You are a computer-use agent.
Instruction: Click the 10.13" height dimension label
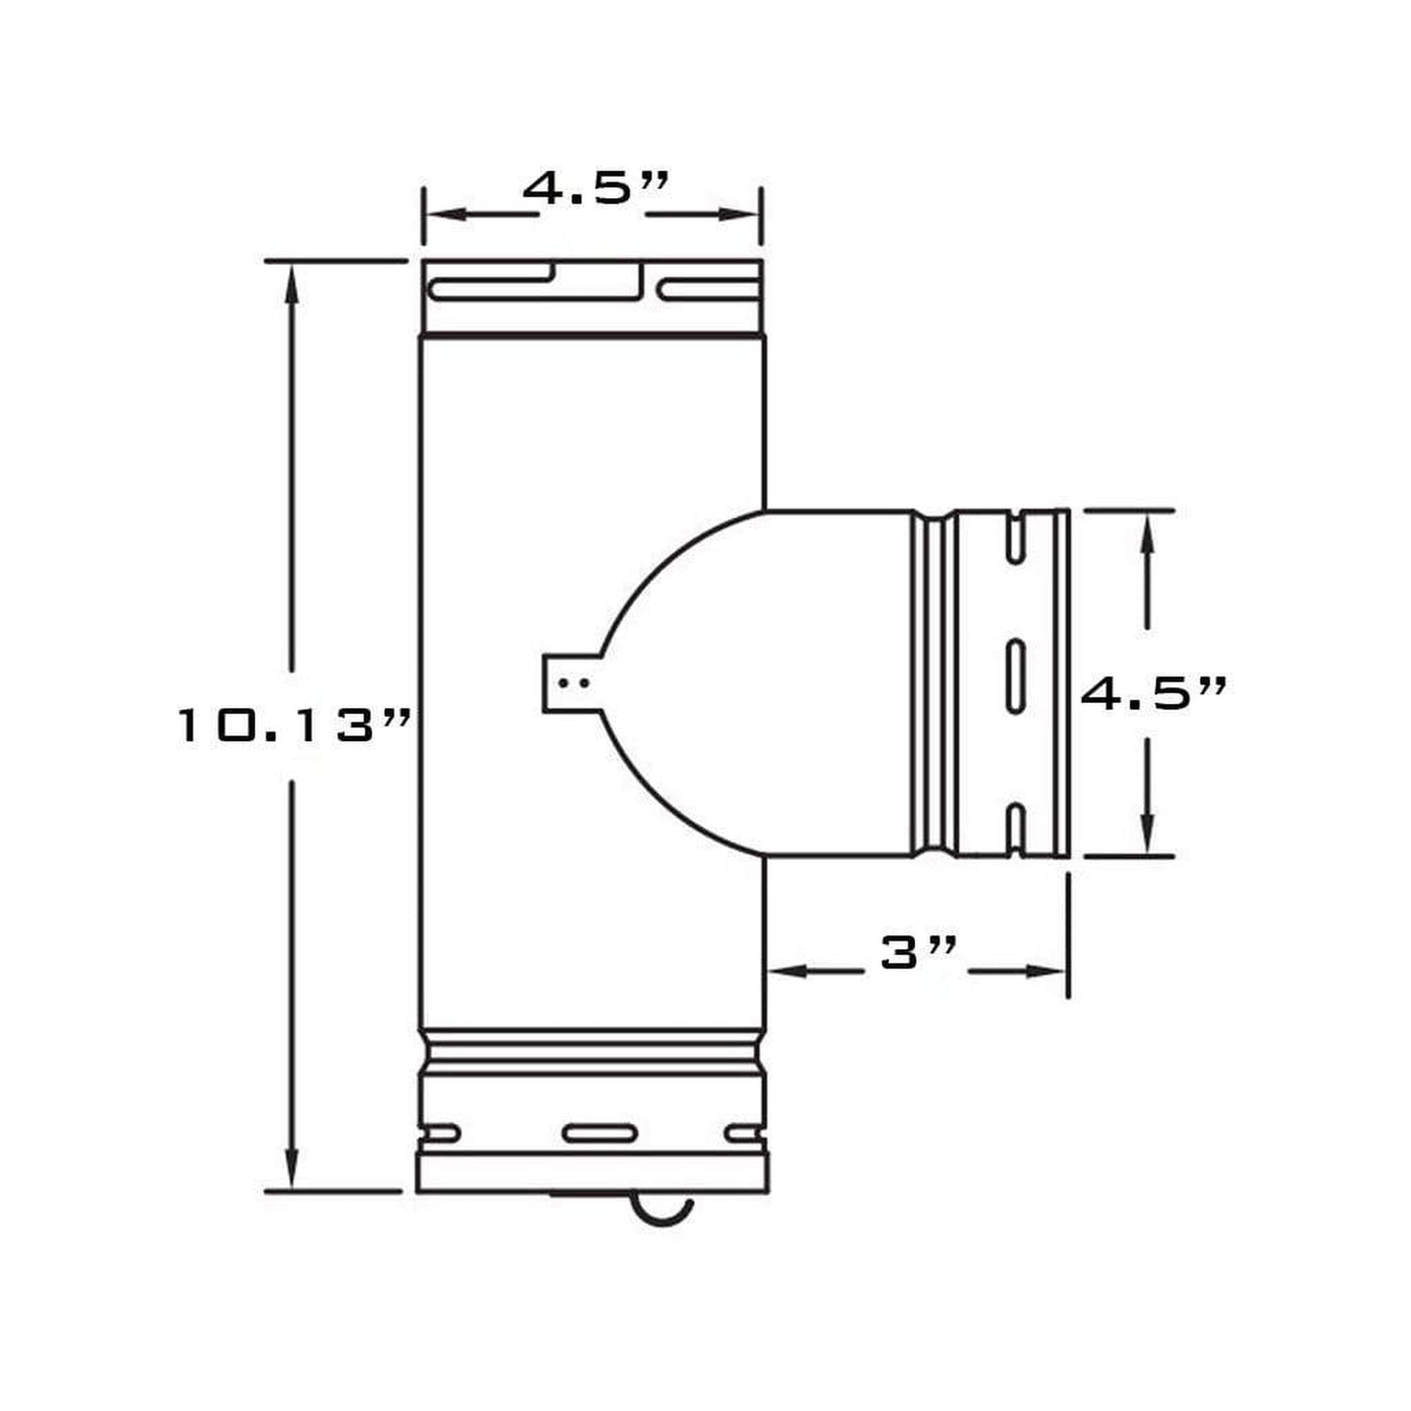tap(294, 726)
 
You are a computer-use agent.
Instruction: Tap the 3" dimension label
tap(918, 953)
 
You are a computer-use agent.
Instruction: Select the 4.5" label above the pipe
tap(595, 189)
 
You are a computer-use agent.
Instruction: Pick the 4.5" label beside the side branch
tap(1152, 692)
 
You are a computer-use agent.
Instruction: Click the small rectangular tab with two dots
tap(572, 684)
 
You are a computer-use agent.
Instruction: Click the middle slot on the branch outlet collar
tap(1016, 676)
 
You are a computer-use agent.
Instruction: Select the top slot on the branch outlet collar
tap(1016, 540)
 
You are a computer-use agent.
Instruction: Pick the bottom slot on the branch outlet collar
tap(1016, 830)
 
